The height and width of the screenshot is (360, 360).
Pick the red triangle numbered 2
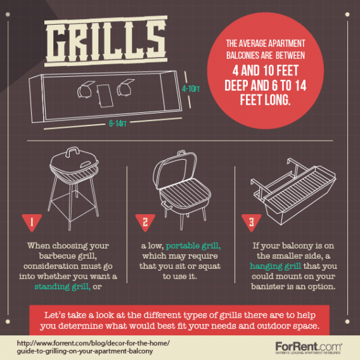point(145,222)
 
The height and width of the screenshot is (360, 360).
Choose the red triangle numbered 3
point(248,222)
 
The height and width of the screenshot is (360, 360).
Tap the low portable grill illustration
point(179,190)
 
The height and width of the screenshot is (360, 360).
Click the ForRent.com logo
point(309,347)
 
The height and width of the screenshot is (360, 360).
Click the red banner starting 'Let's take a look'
point(179,320)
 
